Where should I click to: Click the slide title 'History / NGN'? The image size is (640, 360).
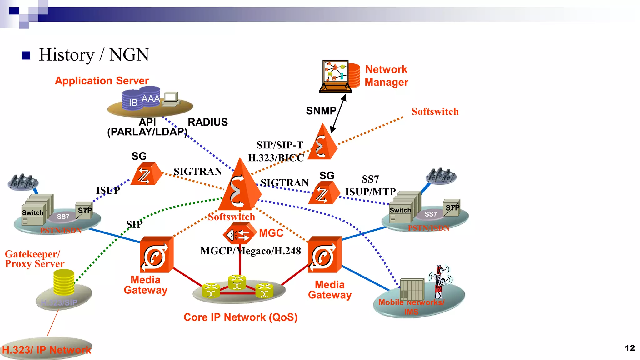tap(94, 55)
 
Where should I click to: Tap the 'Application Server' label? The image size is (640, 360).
tap(102, 81)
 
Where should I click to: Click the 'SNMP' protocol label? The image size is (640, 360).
tap(321, 111)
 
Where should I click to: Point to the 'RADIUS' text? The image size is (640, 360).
tap(208, 122)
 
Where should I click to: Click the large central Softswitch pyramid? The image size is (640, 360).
tap(240, 187)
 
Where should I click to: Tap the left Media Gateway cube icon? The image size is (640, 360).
tap(156, 254)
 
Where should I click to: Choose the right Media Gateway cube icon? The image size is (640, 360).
tap(324, 255)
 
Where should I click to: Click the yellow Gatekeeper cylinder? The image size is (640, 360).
tap(64, 282)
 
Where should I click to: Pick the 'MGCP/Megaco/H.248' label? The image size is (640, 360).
tap(251, 251)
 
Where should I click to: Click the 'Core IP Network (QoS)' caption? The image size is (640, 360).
tap(240, 317)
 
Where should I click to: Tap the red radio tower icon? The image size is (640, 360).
tap(440, 281)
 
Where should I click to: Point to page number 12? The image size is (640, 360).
tap(630, 348)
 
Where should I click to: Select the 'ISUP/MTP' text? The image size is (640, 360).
tap(370, 192)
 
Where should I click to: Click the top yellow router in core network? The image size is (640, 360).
tap(237, 282)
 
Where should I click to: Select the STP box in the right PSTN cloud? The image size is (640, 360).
tap(452, 207)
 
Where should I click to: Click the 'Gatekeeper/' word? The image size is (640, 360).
tap(32, 254)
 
